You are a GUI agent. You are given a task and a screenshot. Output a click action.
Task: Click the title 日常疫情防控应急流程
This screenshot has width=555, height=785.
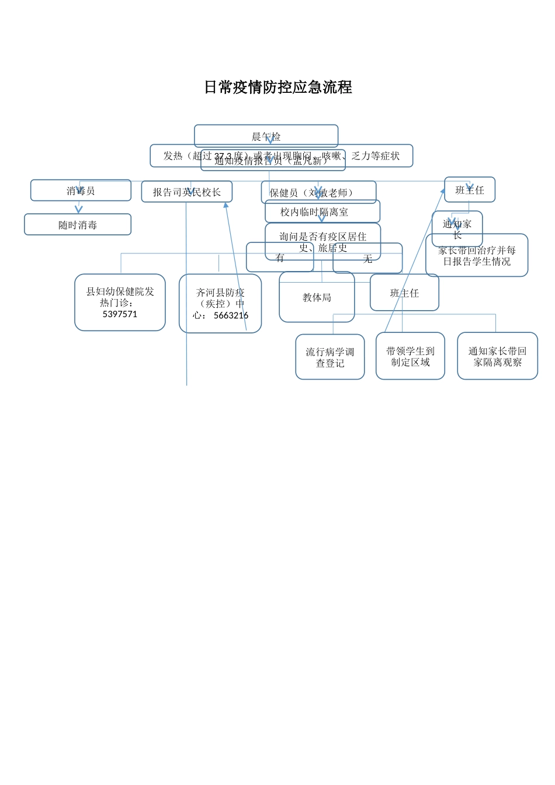pyautogui.click(x=278, y=88)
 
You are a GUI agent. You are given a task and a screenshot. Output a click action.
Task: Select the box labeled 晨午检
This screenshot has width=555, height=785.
pyautogui.click(x=266, y=136)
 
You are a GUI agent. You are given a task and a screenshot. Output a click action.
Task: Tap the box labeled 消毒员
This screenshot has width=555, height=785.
pyautogui.click(x=81, y=190)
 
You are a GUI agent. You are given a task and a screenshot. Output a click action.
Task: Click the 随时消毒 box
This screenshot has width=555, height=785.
pyautogui.click(x=78, y=225)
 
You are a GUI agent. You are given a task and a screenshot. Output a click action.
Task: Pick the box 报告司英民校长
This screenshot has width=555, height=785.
pyautogui.click(x=187, y=192)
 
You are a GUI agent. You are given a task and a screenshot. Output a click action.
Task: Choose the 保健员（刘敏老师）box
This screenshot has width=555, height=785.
pyautogui.click(x=318, y=192)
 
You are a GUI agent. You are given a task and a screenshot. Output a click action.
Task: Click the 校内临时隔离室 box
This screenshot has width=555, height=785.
pyautogui.click(x=322, y=211)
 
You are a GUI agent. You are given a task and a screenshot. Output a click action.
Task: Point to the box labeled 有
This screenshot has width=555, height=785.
pyautogui.click(x=280, y=258)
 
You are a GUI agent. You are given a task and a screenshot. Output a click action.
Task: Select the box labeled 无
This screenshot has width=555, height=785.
pyautogui.click(x=367, y=259)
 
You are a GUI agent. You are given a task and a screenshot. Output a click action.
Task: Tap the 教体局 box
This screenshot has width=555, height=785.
pyautogui.click(x=317, y=297)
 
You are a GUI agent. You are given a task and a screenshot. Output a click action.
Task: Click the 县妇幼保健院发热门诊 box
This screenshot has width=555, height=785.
pyautogui.click(x=120, y=297)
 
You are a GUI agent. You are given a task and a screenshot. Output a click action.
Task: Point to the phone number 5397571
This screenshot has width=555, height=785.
pyautogui.click(x=120, y=314)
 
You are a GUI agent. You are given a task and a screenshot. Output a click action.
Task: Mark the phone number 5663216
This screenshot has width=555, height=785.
pyautogui.click(x=231, y=315)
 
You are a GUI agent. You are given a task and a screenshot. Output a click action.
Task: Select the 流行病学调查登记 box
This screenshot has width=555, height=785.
pyautogui.click(x=330, y=357)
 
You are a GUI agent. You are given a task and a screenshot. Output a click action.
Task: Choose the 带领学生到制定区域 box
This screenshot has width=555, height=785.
pyautogui.click(x=410, y=356)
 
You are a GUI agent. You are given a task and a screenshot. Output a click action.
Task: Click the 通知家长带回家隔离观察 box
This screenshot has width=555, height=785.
pyautogui.click(x=497, y=356)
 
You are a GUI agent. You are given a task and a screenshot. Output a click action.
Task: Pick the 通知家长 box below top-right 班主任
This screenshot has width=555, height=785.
pyautogui.click(x=457, y=228)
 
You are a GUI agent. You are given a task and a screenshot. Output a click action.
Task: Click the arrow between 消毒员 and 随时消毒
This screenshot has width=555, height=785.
pyautogui.click(x=79, y=208)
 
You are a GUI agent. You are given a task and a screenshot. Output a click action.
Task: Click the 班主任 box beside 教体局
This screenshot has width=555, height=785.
pyautogui.click(x=404, y=293)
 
